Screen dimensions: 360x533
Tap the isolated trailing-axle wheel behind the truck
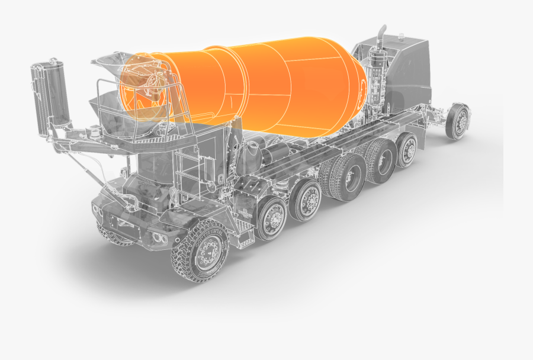[458, 121]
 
